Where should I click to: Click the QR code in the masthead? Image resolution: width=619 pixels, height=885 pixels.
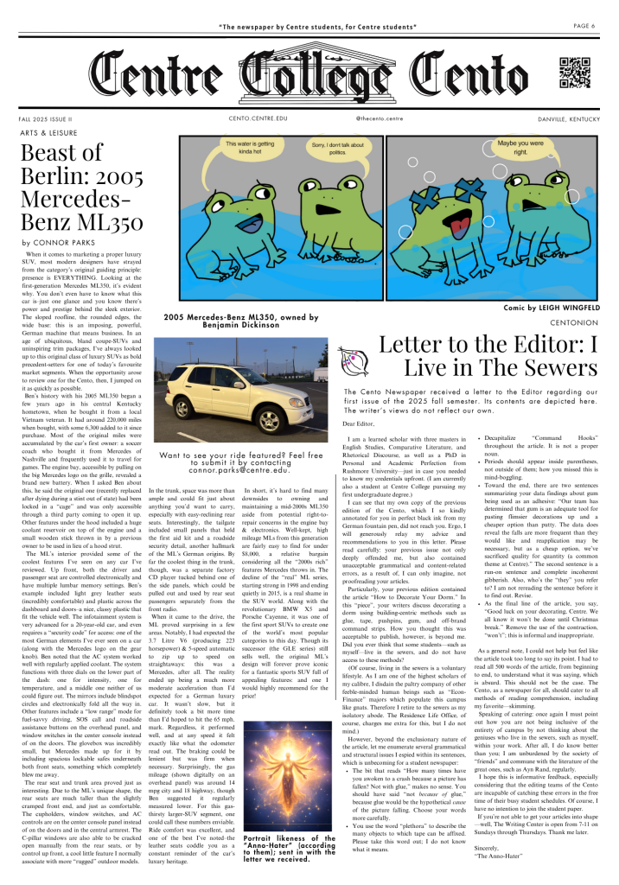[x=576, y=72]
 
